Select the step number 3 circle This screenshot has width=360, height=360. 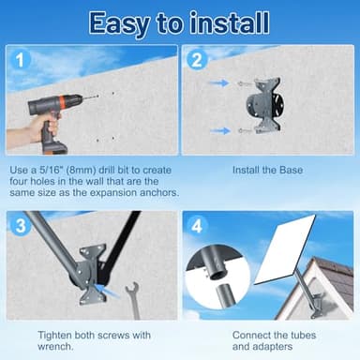[x=20, y=226]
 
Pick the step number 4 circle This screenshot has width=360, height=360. [x=197, y=226]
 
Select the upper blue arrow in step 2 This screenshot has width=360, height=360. [x=217, y=82]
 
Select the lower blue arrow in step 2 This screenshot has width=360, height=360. [x=217, y=130]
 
